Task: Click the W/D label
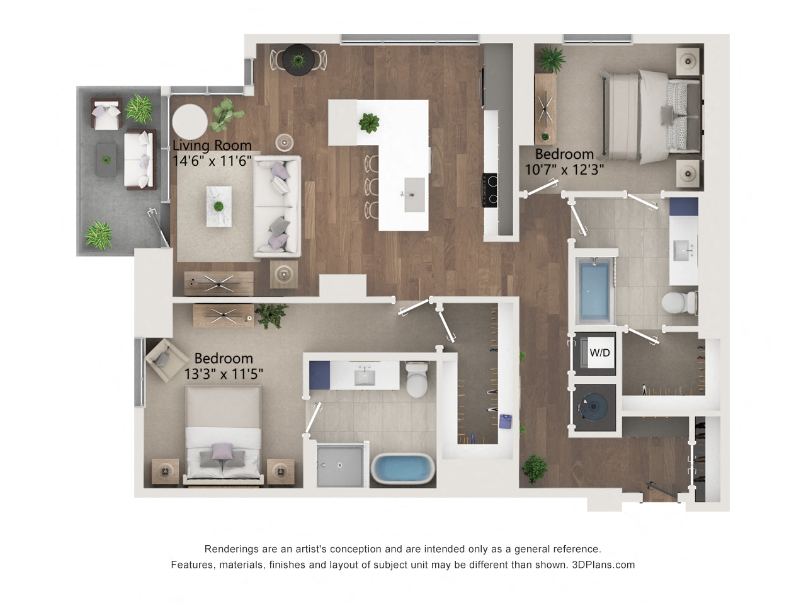point(599,353)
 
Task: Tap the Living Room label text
point(212,146)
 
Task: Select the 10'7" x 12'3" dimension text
point(564,170)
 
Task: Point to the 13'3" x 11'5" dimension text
point(224,374)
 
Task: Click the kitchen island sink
point(414,195)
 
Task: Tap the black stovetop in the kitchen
point(490,190)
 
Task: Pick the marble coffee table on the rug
point(219,207)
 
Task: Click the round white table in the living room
point(190,121)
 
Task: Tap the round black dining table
point(298,60)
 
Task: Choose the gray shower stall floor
point(339,466)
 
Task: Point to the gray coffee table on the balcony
point(106,160)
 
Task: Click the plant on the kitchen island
point(369,123)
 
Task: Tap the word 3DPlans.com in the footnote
point(603,565)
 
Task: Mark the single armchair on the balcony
point(106,113)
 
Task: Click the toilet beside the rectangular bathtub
point(679,302)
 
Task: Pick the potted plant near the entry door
point(535,469)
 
